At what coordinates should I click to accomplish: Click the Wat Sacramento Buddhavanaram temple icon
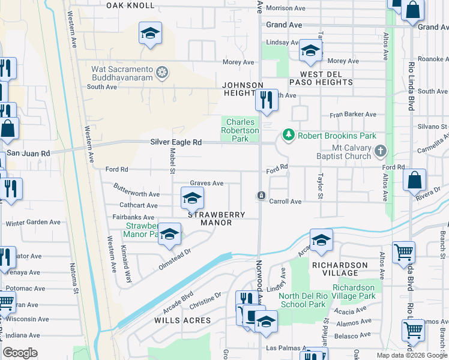161,73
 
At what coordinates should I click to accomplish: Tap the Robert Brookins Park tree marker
289,135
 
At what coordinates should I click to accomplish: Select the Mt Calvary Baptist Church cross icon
380,151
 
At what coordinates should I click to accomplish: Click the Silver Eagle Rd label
175,142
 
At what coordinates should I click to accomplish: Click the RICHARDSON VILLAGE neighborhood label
340,269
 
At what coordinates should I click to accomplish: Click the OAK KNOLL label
130,5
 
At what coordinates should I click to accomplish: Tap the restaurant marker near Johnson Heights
266,100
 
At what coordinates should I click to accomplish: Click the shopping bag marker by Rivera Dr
414,179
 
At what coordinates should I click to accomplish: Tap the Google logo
20,353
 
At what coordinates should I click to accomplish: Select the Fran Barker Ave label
352,115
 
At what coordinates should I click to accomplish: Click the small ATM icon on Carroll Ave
261,196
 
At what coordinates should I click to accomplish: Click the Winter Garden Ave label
33,223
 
